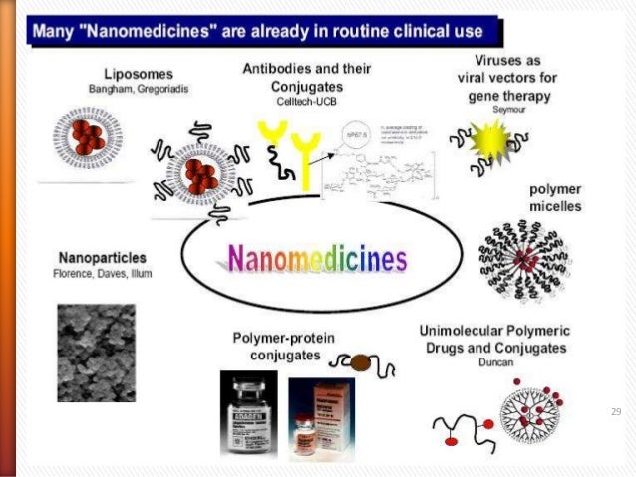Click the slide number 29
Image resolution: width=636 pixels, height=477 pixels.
(615, 410)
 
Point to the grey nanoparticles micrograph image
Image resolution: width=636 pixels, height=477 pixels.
(97, 352)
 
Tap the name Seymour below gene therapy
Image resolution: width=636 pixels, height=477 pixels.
(507, 109)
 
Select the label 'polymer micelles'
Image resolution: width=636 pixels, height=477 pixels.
(555, 197)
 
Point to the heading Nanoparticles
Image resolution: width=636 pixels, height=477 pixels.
(99, 256)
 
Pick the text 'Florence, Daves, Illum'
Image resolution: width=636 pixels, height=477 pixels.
(99, 273)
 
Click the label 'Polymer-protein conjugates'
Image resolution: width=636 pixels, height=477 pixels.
(279, 346)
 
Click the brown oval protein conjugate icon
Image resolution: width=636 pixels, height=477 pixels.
(361, 363)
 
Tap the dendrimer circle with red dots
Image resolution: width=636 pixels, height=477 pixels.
(535, 417)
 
